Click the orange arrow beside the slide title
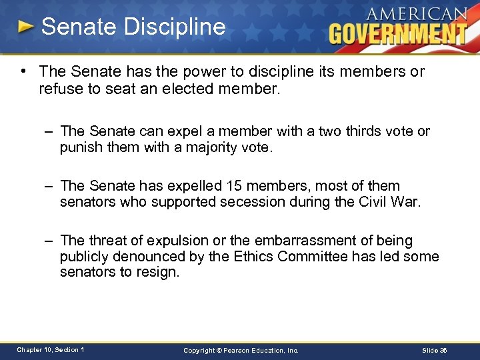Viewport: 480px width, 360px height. pyautogui.click(x=25, y=27)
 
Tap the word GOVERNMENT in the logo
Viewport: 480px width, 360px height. pyautogui.click(x=398, y=33)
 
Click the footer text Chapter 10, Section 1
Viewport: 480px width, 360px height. pyautogui.click(x=51, y=350)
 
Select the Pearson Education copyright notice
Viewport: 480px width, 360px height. pyautogui.click(x=241, y=350)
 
